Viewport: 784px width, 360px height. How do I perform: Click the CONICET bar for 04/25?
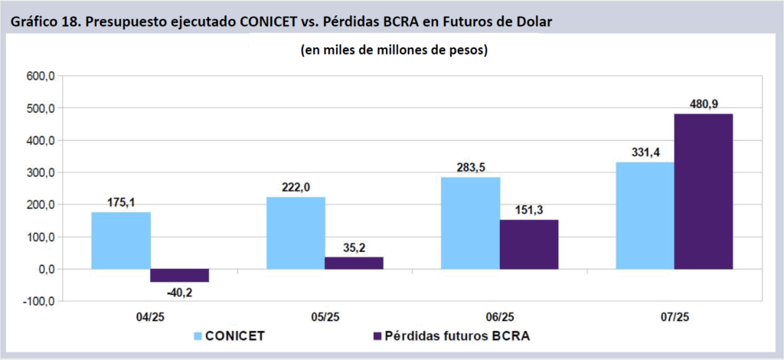[x=121, y=241]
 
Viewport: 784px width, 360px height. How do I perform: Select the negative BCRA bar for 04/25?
[x=179, y=276]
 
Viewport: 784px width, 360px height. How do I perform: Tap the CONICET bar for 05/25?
[x=296, y=233]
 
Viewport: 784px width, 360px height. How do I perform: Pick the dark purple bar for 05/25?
[x=354, y=263]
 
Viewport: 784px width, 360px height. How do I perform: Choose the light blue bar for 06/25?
[x=470, y=223]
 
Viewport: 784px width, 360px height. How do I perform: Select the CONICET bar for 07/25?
[x=645, y=215]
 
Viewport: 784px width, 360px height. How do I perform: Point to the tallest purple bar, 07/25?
[x=703, y=191]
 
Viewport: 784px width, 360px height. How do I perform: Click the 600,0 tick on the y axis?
[x=41, y=76]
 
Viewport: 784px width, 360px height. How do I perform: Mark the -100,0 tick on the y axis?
[x=39, y=301]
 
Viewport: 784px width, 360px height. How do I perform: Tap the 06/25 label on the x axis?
[x=499, y=316]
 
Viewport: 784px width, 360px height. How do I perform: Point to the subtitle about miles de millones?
[x=391, y=51]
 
